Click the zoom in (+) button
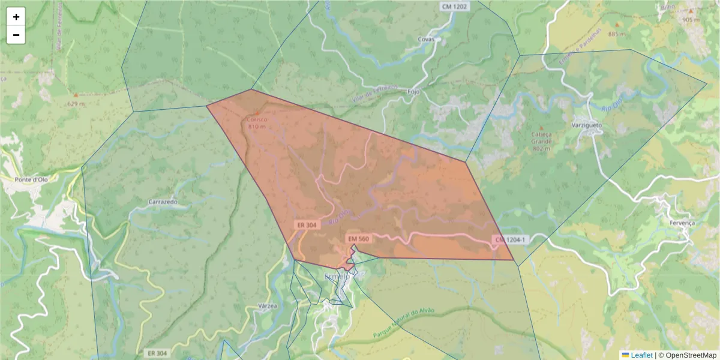[x=16, y=17]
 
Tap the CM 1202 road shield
[x=455, y=6]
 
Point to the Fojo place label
[x=413, y=92]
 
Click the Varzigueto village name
[x=586, y=125]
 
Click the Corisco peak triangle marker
[x=257, y=112]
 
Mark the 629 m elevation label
[x=76, y=104]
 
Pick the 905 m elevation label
[x=691, y=20]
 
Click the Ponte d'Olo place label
[x=31, y=179]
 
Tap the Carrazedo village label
[x=163, y=202]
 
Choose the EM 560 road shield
[x=358, y=239]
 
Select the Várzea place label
[x=267, y=305]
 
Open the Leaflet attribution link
[x=641, y=355]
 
